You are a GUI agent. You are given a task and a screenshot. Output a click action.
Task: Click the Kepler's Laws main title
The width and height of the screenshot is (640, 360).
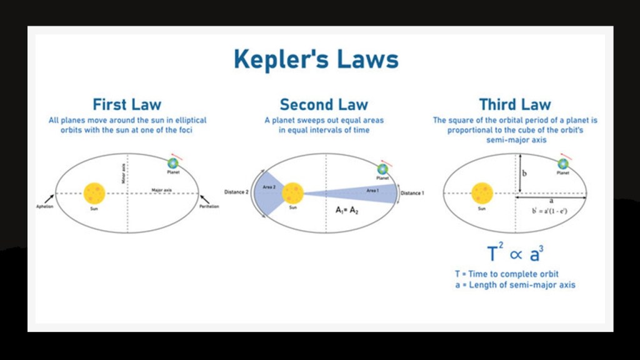click(316, 60)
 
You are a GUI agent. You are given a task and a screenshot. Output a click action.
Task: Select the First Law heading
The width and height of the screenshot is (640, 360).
click(127, 104)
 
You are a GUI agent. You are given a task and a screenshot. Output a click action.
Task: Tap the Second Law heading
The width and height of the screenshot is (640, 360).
click(324, 104)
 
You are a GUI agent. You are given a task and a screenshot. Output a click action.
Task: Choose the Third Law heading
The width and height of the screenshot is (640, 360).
click(515, 104)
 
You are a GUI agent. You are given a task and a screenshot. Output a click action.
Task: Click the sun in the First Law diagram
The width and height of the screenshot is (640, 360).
click(95, 192)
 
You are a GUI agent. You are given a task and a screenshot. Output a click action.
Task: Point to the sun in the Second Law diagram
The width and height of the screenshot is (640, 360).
click(292, 193)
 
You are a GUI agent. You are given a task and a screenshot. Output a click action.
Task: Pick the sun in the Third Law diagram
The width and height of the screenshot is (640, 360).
click(482, 192)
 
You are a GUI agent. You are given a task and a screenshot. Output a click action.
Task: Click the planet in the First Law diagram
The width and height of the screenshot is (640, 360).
click(173, 162)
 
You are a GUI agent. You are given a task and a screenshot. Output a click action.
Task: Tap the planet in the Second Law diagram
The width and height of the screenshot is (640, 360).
click(382, 169)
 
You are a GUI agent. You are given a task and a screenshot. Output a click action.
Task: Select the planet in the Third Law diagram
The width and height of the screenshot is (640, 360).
click(562, 163)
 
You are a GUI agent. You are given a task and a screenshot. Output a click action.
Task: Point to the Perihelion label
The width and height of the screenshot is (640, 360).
click(209, 206)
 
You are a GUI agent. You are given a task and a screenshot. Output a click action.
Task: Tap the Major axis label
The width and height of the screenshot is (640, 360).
click(161, 189)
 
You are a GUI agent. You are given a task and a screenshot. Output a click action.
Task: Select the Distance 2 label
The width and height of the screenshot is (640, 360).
click(237, 192)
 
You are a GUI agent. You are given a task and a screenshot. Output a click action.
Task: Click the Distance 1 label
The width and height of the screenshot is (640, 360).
click(412, 193)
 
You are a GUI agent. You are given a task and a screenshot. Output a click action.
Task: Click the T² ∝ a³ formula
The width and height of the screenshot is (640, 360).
click(515, 254)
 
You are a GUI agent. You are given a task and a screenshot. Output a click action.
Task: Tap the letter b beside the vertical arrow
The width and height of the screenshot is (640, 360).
click(524, 173)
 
